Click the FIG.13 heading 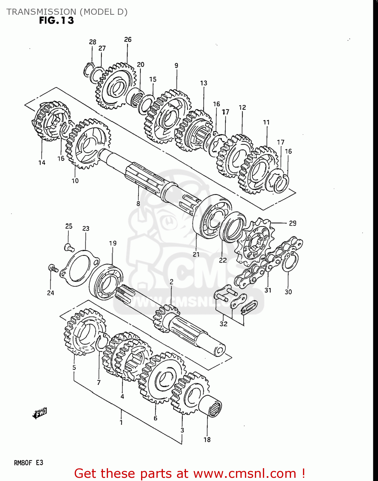tap(56, 21)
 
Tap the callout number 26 tap(128, 39)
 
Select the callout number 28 tap(92, 42)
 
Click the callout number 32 tap(223, 324)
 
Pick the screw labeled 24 tap(53, 268)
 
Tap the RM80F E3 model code tap(29, 462)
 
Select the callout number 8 tap(138, 204)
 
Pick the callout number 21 tap(196, 254)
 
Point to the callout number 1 tap(121, 422)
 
